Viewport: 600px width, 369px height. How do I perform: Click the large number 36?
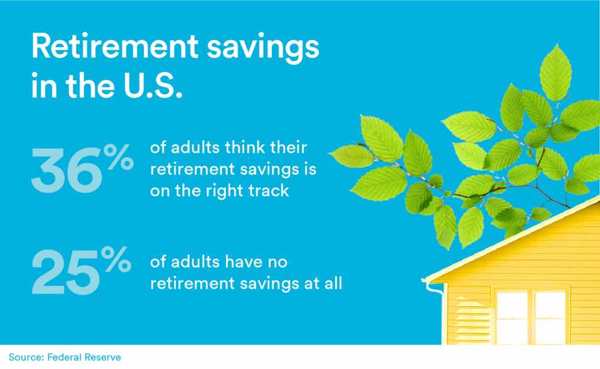pyautogui.click(x=67, y=170)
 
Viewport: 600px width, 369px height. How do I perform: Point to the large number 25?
pyautogui.click(x=66, y=272)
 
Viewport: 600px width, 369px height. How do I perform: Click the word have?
pyautogui.click(x=243, y=262)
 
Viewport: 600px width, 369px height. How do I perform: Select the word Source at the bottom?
pyautogui.click(x=26, y=357)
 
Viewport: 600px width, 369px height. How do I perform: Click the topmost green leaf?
pyautogui.click(x=555, y=73)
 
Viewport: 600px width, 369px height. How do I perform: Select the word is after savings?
pyautogui.click(x=311, y=169)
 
